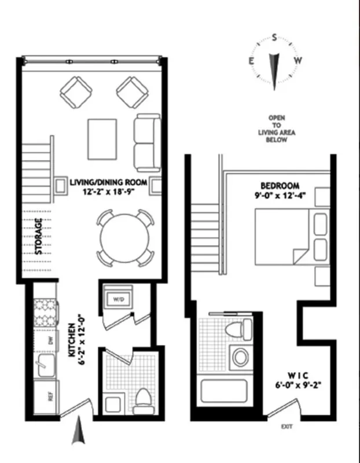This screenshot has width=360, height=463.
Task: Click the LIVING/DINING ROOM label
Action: coord(108,182)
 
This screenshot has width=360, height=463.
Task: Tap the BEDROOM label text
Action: coord(280,186)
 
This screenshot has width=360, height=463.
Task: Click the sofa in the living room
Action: coord(147,141)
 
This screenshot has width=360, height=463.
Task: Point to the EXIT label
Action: coord(286,427)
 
